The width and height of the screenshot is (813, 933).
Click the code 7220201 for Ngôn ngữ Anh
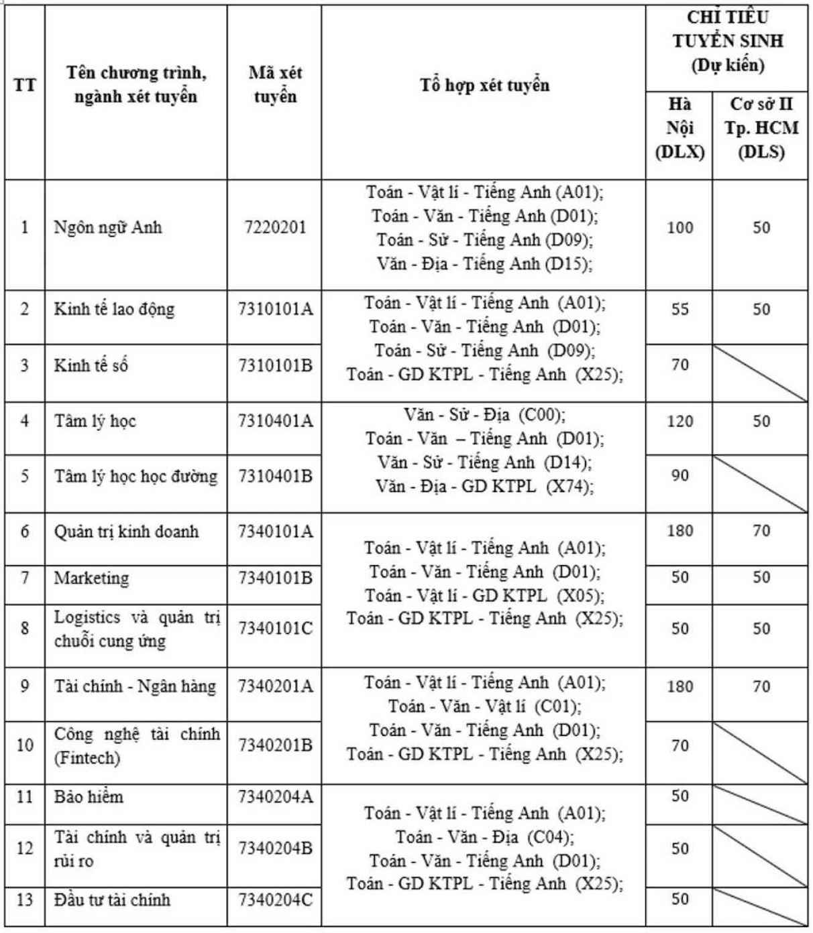tap(275, 228)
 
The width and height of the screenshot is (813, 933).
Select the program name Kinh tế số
tap(91, 366)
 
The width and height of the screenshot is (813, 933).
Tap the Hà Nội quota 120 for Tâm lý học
tap(680, 422)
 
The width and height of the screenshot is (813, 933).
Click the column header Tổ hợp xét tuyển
tap(484, 85)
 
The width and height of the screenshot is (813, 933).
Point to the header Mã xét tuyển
tap(275, 84)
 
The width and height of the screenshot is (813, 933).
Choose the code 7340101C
tap(275, 629)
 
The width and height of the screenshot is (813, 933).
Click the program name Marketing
tap(91, 578)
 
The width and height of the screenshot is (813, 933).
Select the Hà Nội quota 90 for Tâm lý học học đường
tap(680, 476)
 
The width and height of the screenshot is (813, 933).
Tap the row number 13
tap(24, 899)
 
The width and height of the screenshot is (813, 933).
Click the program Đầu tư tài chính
tap(112, 899)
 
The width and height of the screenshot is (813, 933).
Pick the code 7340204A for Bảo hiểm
tap(275, 797)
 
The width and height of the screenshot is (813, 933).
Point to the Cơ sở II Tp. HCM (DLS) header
tap(761, 128)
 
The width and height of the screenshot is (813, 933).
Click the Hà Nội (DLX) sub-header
tap(680, 128)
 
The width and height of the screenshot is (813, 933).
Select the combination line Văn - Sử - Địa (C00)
tap(484, 415)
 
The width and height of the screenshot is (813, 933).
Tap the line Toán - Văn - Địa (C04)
tap(484, 837)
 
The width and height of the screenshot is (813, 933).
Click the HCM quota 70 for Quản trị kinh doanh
tap(761, 532)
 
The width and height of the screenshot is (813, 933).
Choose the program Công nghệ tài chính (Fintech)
tap(137, 746)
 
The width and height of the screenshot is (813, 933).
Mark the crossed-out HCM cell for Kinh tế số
tap(761, 373)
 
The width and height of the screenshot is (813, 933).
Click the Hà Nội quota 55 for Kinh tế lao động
tap(680, 310)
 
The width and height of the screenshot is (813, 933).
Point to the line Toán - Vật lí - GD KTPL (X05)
tap(484, 595)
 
